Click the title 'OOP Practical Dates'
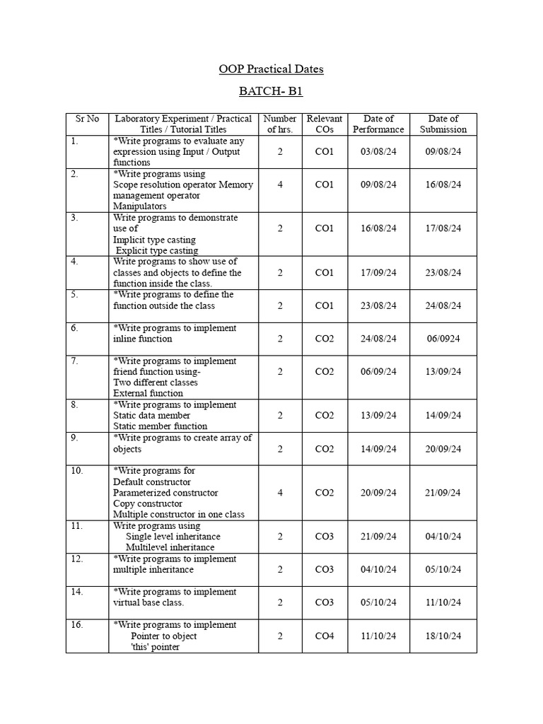[x=271, y=69]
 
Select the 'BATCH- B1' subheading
[x=271, y=93]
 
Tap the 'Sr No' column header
[x=87, y=119]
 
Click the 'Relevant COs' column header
[x=324, y=124]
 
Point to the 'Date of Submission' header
[x=443, y=124]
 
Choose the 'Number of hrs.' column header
[x=279, y=124]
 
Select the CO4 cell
[x=324, y=636]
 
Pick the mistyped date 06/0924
[x=443, y=339]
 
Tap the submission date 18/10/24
[x=443, y=636]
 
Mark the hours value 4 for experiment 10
[x=280, y=493]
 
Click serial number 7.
[x=74, y=361]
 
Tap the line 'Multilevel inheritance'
[x=170, y=547]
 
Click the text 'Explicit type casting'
[x=157, y=250]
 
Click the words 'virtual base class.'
[x=148, y=602]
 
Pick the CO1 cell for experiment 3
[x=324, y=229]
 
